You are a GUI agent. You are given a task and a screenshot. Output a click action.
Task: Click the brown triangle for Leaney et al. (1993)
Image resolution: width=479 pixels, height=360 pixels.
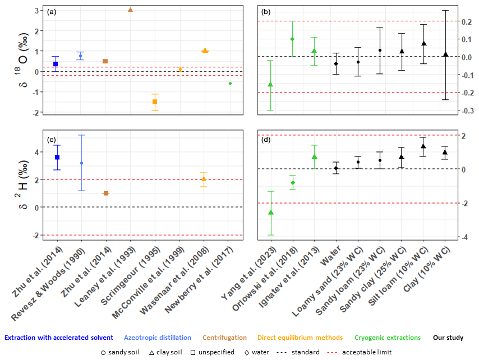[x=130, y=10]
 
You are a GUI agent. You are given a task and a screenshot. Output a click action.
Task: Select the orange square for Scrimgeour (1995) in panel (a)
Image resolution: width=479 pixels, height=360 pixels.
[x=155, y=101]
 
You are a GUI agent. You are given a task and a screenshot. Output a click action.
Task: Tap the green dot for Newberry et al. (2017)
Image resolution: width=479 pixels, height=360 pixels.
[x=230, y=83]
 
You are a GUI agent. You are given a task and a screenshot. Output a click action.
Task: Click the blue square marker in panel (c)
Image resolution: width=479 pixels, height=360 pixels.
[x=57, y=158]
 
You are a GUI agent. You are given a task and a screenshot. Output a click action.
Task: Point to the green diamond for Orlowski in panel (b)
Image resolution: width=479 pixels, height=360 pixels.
[x=292, y=39]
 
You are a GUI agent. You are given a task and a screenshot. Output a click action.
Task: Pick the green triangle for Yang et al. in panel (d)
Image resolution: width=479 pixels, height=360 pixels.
[x=271, y=213]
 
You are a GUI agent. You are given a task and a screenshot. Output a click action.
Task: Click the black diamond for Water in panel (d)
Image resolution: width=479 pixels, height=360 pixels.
[x=336, y=168]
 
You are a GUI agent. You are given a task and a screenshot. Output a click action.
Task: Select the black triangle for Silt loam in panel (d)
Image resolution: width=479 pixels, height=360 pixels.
[x=423, y=146]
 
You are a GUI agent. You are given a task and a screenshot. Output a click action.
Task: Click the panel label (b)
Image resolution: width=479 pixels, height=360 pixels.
[x=266, y=11]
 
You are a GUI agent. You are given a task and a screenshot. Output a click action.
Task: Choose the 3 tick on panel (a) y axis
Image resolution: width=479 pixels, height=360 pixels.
[x=35, y=11]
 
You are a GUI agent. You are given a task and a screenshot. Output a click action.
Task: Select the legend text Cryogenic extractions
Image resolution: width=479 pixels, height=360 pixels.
[x=388, y=338]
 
